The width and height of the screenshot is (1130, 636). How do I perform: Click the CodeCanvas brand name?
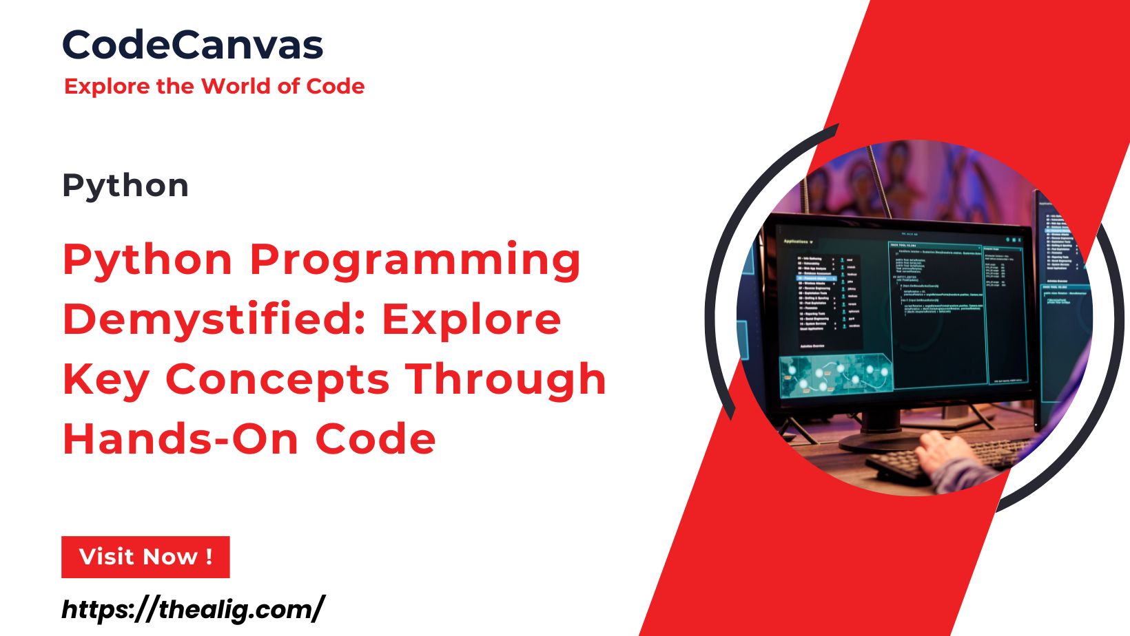(x=192, y=45)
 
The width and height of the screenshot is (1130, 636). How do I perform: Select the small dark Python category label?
(x=125, y=186)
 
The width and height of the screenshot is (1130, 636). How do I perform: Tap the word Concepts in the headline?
(x=278, y=380)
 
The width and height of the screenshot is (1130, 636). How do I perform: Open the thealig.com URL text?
(x=192, y=609)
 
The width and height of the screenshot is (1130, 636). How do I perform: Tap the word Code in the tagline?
(x=336, y=87)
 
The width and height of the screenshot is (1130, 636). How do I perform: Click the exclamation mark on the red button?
(x=209, y=556)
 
